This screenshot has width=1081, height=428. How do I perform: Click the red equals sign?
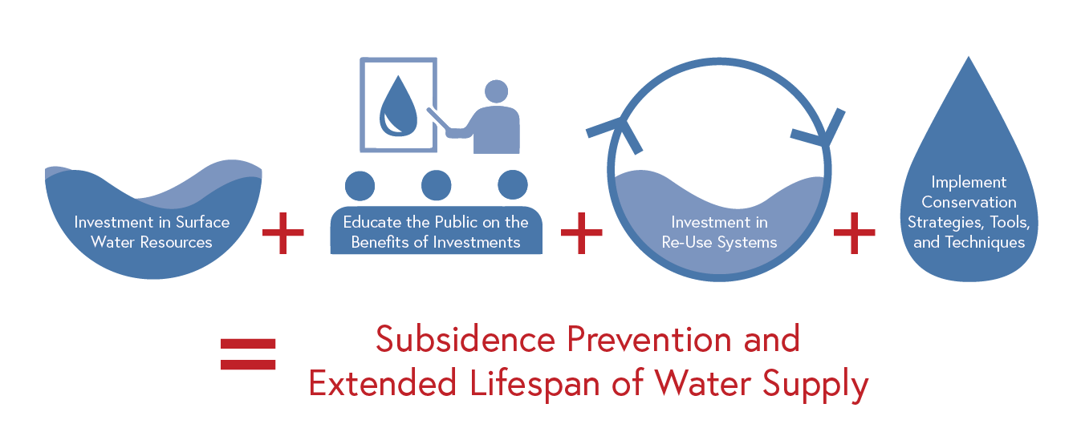247,353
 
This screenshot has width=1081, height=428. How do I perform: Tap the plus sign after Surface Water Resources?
282,232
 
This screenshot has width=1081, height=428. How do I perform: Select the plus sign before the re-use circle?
582,232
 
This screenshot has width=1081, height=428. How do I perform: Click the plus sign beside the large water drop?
854,232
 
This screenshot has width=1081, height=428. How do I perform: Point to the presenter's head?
496,91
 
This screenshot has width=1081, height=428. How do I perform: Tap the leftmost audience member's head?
360,186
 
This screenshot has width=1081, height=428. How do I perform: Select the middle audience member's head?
437,185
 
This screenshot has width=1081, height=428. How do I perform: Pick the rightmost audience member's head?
513,184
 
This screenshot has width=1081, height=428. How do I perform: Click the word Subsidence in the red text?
465,339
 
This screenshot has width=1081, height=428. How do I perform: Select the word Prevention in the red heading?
649,339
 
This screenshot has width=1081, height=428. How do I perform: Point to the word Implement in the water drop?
969,183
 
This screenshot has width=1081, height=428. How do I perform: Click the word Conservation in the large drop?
969,202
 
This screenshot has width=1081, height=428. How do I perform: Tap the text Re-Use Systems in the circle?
720,242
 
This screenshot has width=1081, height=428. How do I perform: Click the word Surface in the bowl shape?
203,222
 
